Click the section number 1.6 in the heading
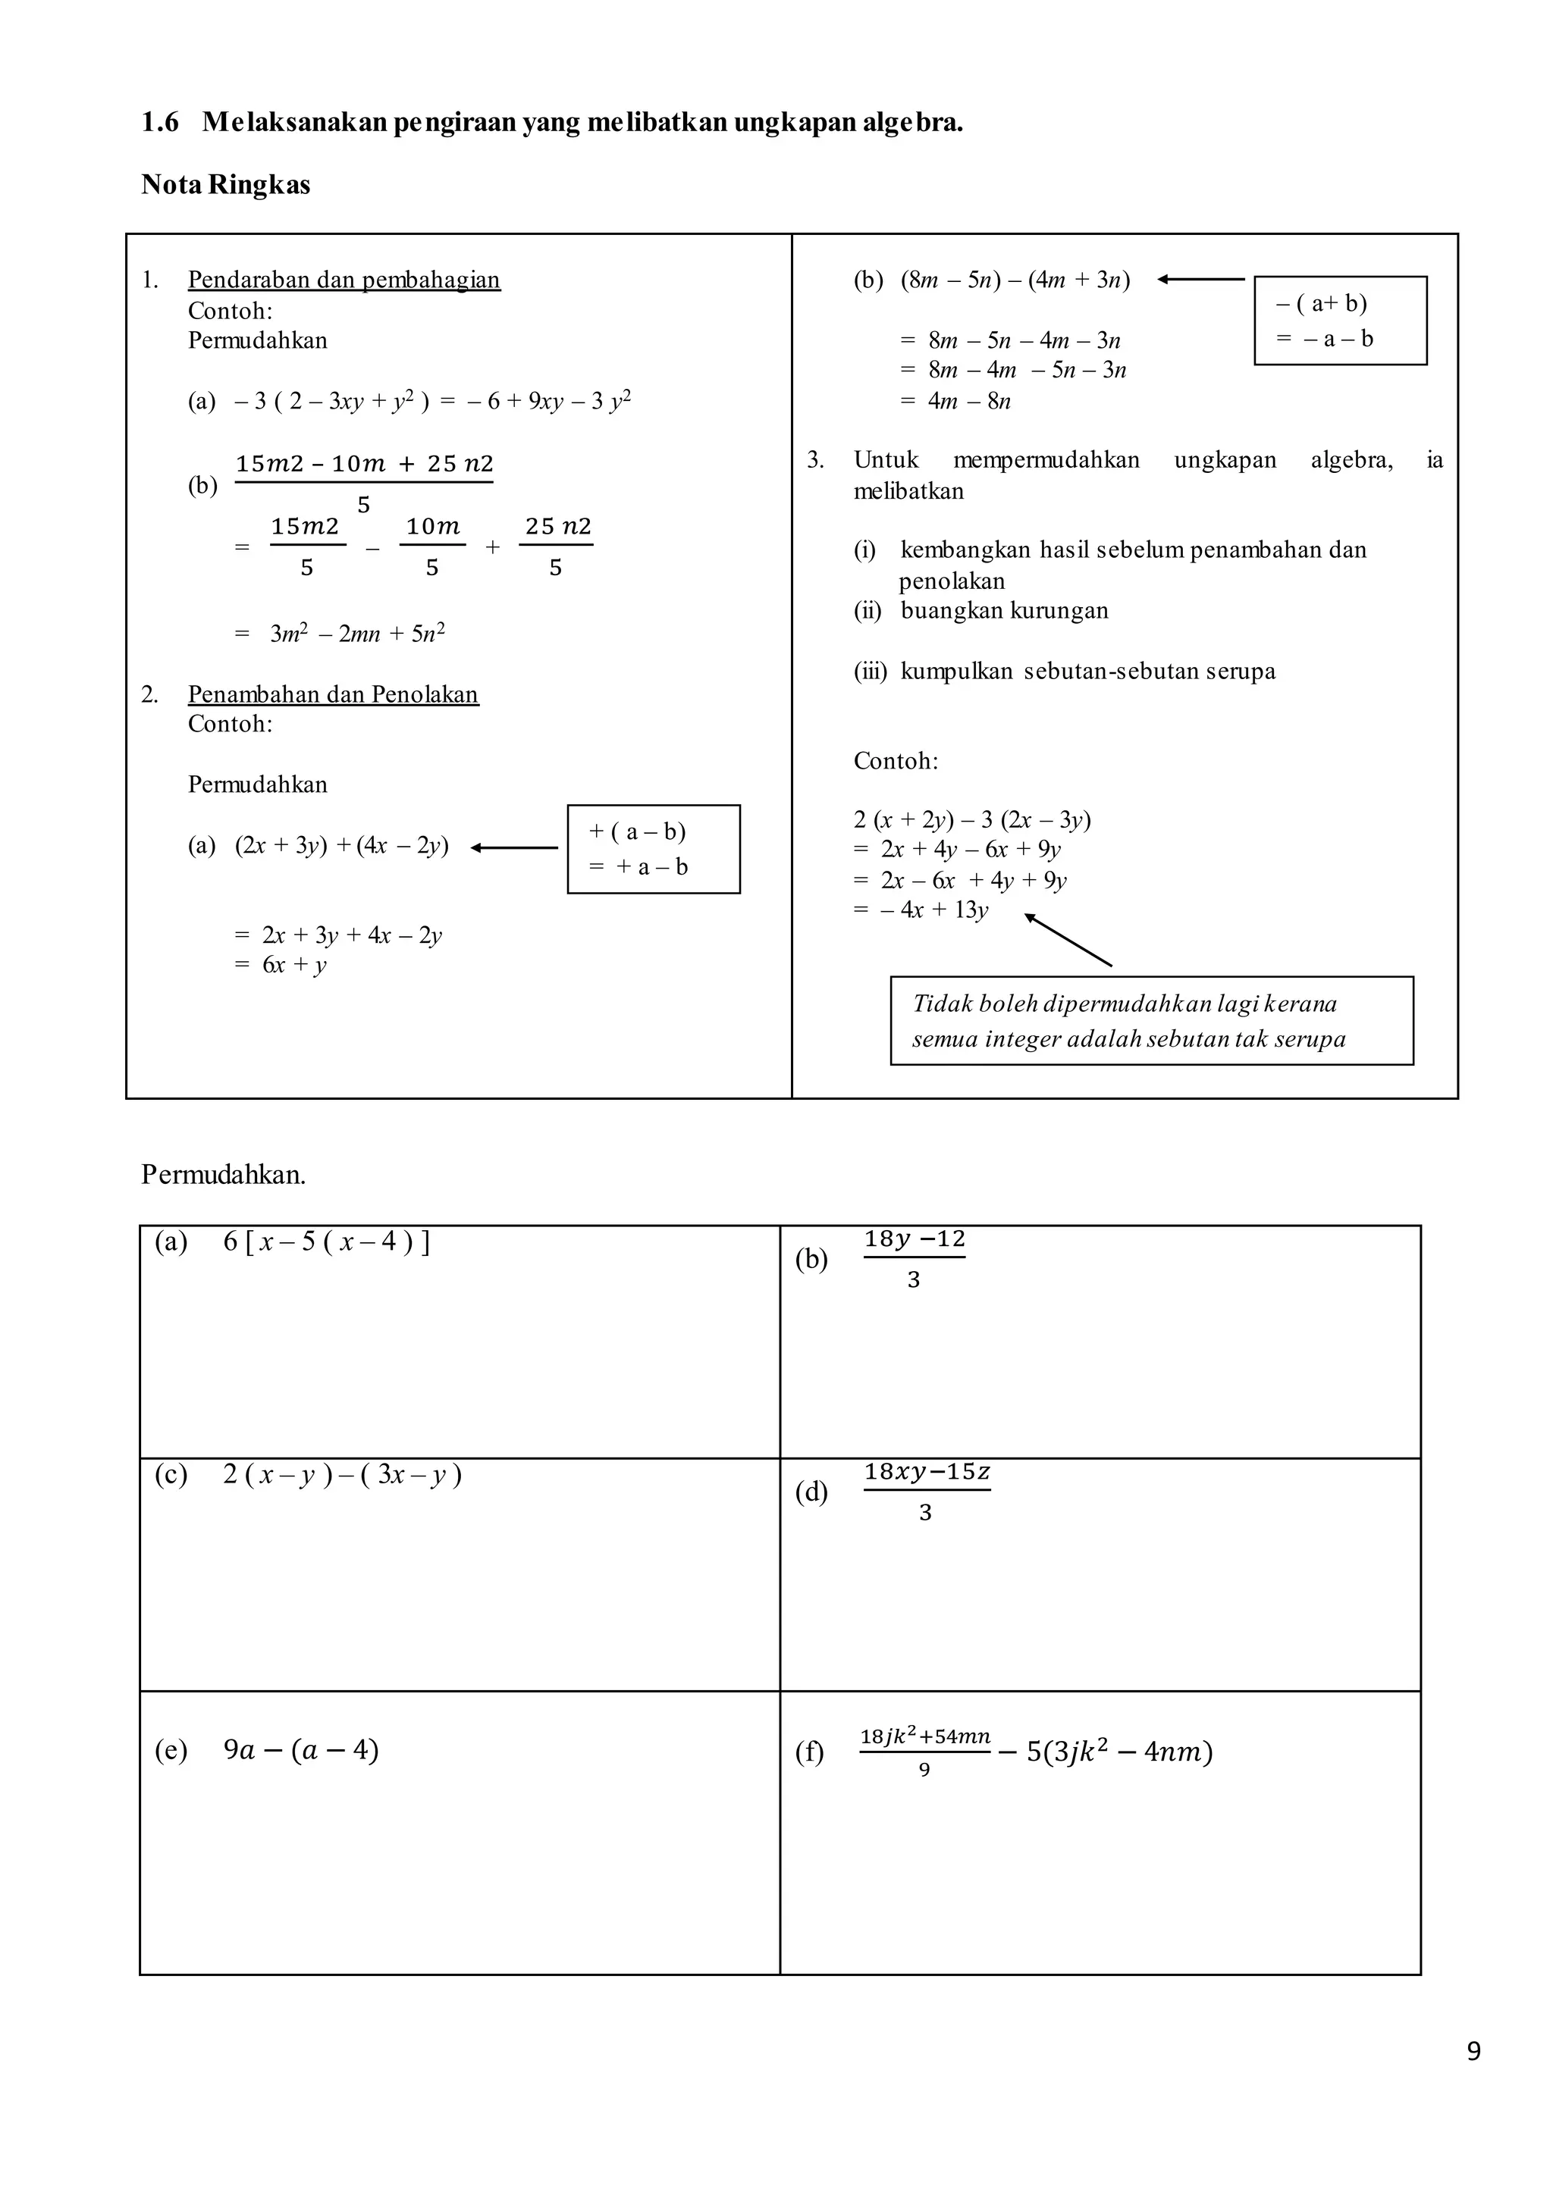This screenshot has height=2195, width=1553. pos(160,122)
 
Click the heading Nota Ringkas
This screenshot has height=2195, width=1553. pos(226,184)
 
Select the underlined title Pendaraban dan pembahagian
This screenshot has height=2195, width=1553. pos(344,280)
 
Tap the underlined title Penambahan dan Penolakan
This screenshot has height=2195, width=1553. pos(333,694)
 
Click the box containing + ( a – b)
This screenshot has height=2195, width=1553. pos(653,849)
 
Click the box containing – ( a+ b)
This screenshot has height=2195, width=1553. pos(1340,321)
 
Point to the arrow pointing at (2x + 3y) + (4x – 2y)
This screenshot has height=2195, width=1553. pos(514,847)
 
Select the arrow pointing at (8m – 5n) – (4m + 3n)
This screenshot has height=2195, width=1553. pos(1200,279)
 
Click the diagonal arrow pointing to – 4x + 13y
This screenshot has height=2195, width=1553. pos(1068,940)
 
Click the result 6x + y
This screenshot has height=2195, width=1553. pos(294,965)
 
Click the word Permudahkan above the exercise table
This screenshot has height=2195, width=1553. pos(223,1174)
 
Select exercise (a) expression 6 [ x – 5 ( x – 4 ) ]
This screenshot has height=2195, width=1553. pos(326,1242)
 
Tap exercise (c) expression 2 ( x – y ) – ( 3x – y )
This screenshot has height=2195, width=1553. pos(342,1474)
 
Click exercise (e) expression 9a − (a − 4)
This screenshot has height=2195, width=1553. pos(300,1749)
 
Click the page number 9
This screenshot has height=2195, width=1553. pos(1473,2052)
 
